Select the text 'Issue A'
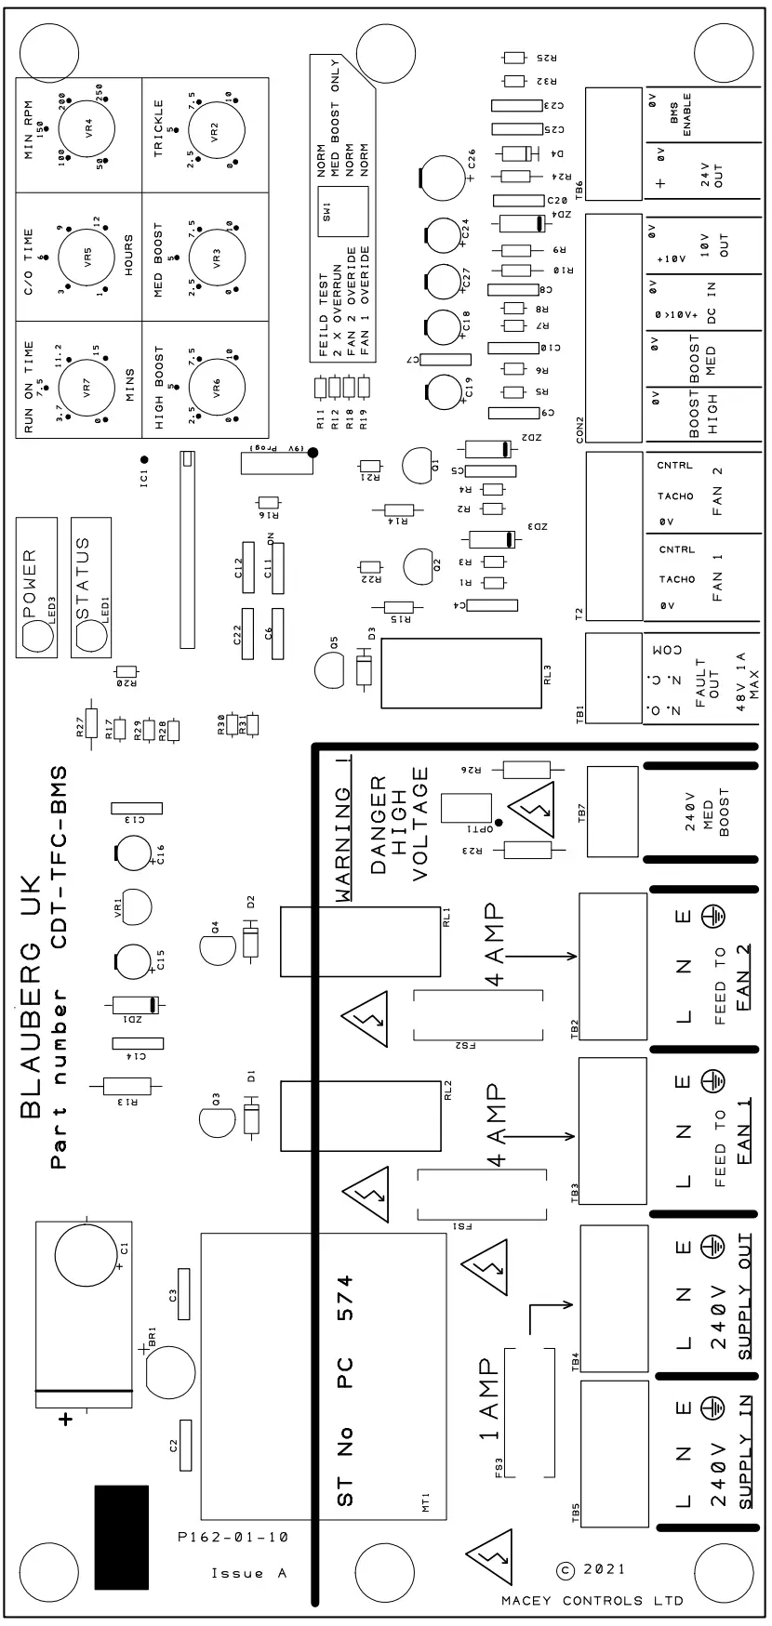[248, 1573]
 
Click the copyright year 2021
[605, 1568]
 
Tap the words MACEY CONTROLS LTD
[592, 1600]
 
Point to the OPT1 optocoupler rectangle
[465, 807]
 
